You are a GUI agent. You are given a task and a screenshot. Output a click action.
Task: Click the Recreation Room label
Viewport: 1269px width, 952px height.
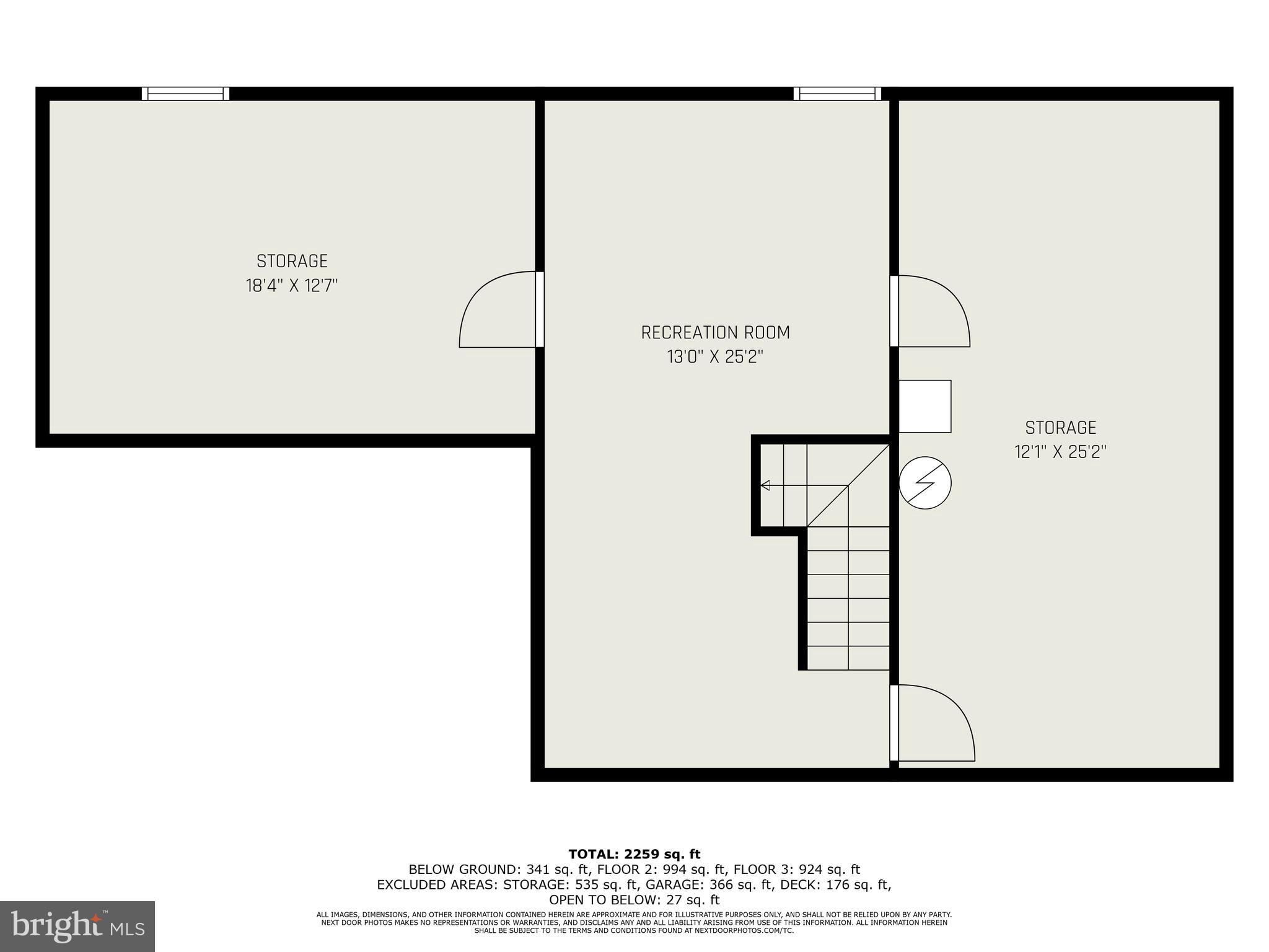(x=715, y=333)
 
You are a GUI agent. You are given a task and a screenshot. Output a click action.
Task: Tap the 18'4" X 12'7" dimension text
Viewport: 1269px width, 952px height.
(x=292, y=286)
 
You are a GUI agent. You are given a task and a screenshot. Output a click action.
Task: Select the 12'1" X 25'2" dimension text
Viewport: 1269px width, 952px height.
(x=1060, y=452)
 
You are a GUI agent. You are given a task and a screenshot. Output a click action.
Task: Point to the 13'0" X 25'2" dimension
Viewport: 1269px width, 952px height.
(x=715, y=357)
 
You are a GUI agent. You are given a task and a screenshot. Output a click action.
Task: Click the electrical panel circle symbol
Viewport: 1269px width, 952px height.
(x=924, y=483)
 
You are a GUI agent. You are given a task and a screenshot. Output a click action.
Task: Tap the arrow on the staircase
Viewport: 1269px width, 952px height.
(x=766, y=485)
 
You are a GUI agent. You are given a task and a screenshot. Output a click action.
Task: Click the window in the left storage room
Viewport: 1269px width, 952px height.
(x=185, y=94)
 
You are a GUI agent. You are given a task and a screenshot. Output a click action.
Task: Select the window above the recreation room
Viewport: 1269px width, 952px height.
(x=837, y=94)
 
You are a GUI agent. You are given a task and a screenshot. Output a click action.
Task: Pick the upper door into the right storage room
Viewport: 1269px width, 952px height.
(x=932, y=311)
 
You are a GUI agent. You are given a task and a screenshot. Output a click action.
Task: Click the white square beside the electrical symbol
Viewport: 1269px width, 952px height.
(x=924, y=407)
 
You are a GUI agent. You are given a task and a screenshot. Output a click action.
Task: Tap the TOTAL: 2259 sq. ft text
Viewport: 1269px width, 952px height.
(x=634, y=855)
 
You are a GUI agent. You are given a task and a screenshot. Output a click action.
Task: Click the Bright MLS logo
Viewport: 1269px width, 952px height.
(x=77, y=926)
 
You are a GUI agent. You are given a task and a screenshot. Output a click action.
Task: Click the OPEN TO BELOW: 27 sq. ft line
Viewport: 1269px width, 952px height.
(x=634, y=899)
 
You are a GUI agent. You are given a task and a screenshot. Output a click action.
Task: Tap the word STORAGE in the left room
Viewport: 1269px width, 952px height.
(x=292, y=261)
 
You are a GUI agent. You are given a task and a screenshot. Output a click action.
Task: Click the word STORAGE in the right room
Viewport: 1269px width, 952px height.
(x=1060, y=428)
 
